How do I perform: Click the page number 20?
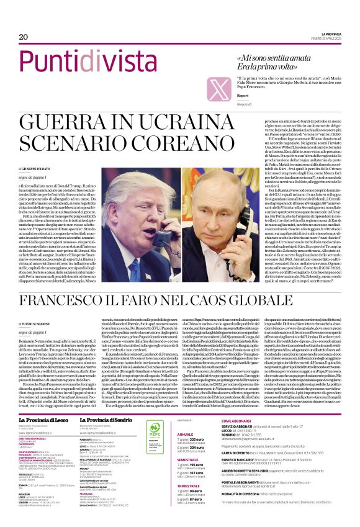[x=24, y=37]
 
